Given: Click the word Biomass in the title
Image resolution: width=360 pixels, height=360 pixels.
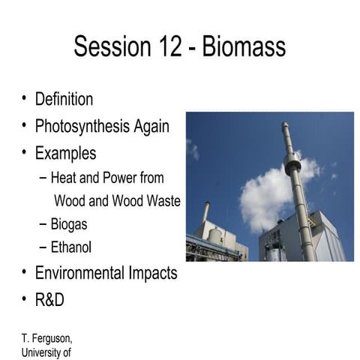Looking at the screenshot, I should tap(243, 47).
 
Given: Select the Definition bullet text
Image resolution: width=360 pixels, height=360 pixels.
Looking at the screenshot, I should tap(64, 99).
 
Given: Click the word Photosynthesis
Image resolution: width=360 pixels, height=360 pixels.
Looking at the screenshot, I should tap(83, 126).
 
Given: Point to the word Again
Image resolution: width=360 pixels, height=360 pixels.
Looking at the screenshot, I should tap(152, 126).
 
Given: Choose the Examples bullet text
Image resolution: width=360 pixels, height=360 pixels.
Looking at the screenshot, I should tap(65, 153).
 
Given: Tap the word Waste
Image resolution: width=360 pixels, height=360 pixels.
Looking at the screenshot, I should tap(160, 201).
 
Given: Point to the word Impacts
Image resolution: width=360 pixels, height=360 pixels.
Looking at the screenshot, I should tap(153, 272).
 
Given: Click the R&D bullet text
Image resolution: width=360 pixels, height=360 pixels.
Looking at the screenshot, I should tap(49, 299).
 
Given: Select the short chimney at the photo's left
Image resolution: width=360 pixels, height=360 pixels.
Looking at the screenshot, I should tap(205, 213).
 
